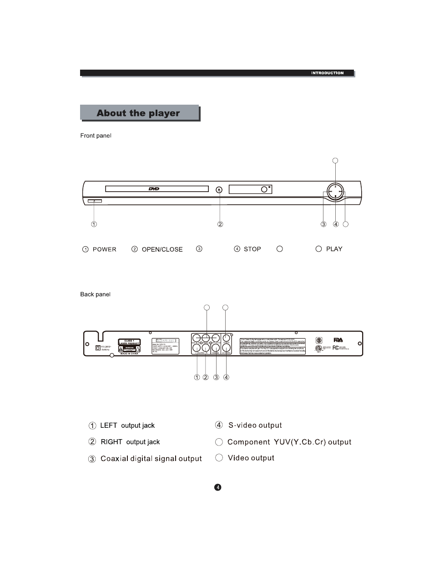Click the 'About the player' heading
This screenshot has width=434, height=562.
coord(138,113)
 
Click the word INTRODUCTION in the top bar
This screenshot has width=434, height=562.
coord(327,73)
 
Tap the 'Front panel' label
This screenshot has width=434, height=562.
coord(96,136)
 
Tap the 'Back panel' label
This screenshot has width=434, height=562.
coord(95,294)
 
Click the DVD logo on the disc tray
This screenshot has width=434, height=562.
coord(154,188)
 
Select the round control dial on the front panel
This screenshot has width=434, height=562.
coord(335,192)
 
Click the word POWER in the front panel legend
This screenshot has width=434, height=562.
coord(105,249)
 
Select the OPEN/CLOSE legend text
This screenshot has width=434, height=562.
coord(162,249)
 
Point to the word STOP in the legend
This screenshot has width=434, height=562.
coord(252,249)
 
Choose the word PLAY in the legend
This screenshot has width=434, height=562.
coord(334,249)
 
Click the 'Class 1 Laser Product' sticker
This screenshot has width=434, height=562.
coord(129,342)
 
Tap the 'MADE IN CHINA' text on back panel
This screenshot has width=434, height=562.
coord(128,354)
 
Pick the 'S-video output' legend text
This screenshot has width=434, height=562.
coord(255,425)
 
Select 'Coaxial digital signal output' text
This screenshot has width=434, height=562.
coord(151,459)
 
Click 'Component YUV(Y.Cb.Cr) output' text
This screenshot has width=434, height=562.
coord(289,442)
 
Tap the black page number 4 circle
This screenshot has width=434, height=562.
coord(218,487)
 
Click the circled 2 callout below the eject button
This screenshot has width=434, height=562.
coord(220,224)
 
